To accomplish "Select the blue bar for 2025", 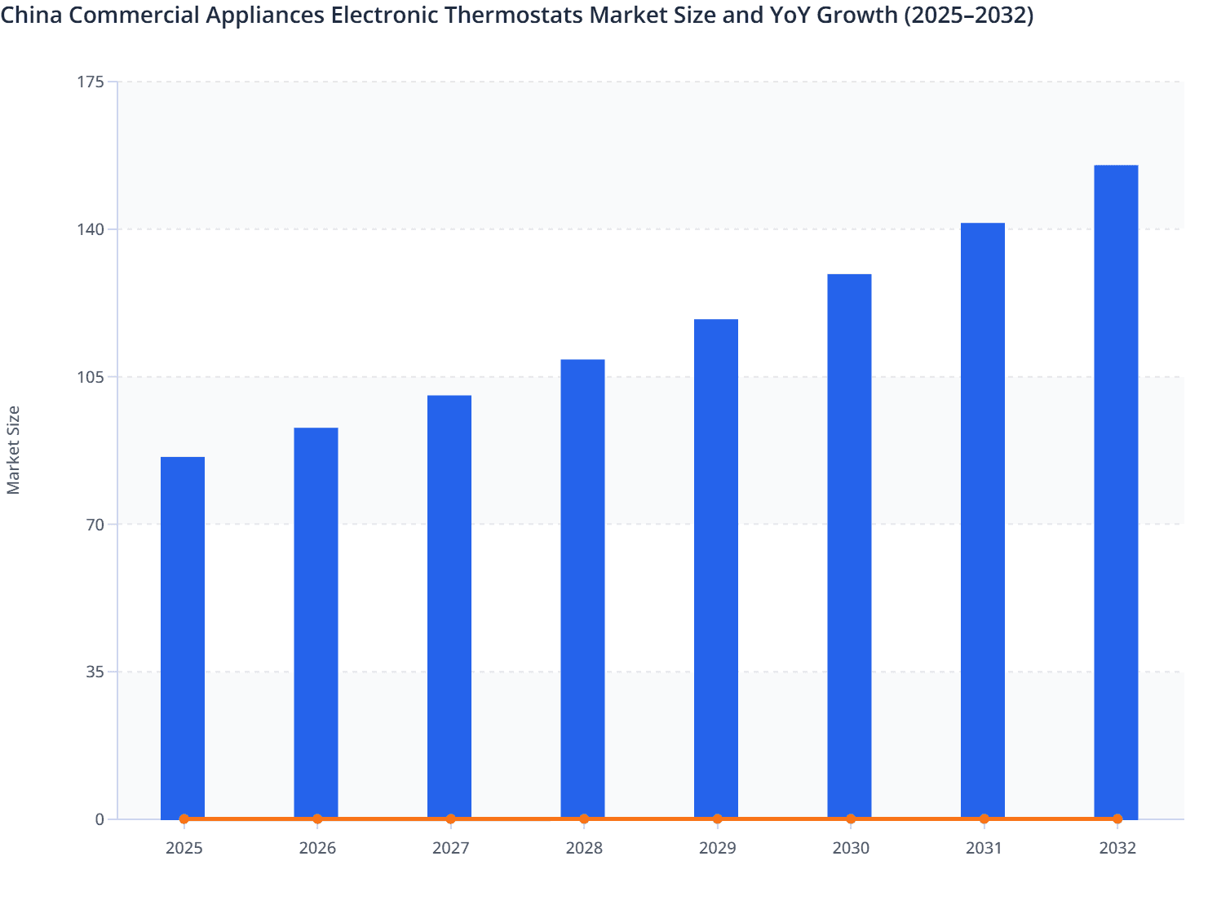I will (183, 637).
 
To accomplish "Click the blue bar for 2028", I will (582, 588).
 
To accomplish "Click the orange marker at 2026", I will (317, 819).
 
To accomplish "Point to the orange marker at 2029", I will (717, 819).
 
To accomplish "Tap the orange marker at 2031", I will (984, 819).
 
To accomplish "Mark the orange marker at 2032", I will (1117, 819).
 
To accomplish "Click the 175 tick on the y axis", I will (92, 82).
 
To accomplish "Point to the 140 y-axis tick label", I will (92, 229).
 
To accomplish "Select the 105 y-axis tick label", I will (92, 377).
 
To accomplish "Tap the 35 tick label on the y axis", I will (95, 672).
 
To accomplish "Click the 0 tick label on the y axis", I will (100, 819).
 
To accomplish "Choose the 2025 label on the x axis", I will (184, 848).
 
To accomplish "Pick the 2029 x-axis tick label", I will (717, 848).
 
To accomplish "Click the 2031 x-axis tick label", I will (984, 848).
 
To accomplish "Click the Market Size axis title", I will (14, 450).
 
